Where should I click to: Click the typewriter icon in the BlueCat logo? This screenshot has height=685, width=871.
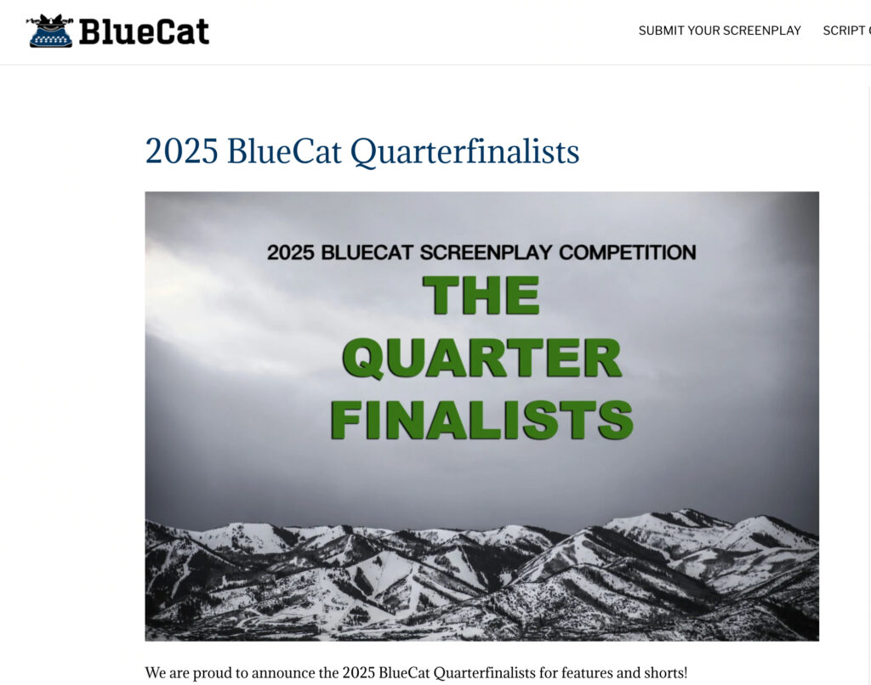[x=50, y=31]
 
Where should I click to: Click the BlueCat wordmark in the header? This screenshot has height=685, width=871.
[x=144, y=31]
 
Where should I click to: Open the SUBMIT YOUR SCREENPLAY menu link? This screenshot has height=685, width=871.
[x=720, y=31]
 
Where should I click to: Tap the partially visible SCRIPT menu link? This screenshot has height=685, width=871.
[x=846, y=31]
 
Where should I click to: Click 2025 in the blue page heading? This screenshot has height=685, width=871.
[x=182, y=151]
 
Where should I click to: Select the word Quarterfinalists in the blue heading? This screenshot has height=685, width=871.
[x=465, y=151]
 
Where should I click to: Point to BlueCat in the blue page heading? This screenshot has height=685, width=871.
[x=284, y=151]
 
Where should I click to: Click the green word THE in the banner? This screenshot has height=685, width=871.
[x=481, y=295]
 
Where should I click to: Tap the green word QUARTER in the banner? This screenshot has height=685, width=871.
[x=482, y=358]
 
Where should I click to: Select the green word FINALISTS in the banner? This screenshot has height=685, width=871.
[x=481, y=420]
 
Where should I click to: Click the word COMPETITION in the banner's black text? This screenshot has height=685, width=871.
[x=627, y=252]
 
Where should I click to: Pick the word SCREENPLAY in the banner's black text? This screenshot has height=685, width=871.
[x=486, y=252]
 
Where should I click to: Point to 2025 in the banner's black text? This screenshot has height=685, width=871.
[x=291, y=252]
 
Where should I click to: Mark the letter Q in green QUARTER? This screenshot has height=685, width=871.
[x=364, y=359]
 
